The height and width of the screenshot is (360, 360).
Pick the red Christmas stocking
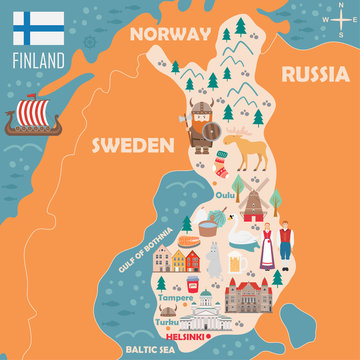220,163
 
